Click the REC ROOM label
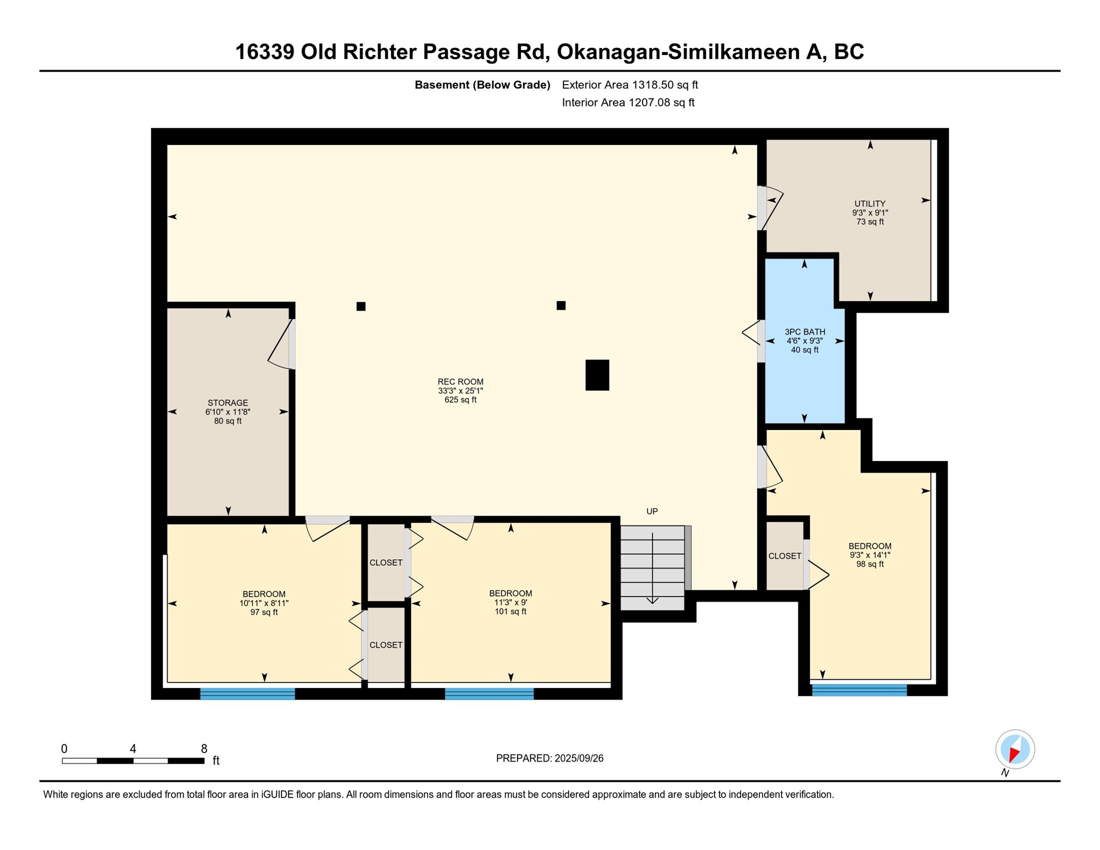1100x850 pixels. [x=460, y=390]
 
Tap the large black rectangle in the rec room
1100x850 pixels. [x=597, y=375]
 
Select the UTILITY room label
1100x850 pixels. [x=869, y=212]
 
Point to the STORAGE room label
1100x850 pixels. [x=227, y=411]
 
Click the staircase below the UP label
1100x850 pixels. [x=652, y=567]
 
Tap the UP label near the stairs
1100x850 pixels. [x=652, y=511]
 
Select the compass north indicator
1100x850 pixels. [x=1014, y=749]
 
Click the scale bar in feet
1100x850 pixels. [x=133, y=760]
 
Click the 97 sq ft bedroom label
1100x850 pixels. [x=264, y=603]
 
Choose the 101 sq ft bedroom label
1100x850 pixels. [x=510, y=602]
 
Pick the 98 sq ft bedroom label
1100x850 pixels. [x=869, y=555]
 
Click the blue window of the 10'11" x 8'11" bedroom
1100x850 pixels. [x=247, y=693]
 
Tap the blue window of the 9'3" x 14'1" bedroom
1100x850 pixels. [x=859, y=690]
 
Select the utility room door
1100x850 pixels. [x=770, y=207]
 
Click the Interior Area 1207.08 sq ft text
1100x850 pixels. [x=628, y=103]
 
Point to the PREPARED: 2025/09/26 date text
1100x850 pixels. [x=549, y=758]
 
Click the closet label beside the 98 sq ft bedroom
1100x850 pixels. [x=784, y=555]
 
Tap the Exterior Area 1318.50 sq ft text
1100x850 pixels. [x=629, y=85]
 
